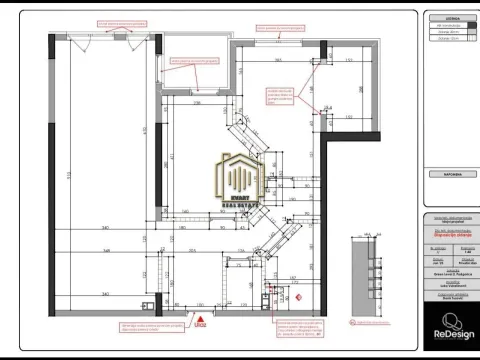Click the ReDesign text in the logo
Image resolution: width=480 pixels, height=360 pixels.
click(x=450, y=339)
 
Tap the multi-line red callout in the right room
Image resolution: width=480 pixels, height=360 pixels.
click(x=281, y=95)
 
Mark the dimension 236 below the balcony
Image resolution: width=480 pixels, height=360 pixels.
click(x=197, y=101)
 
